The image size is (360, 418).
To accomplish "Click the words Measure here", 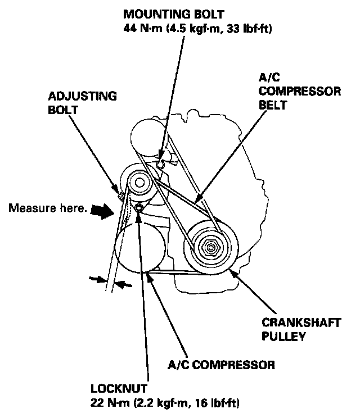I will (48, 209).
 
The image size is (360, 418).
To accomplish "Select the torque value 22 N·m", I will (106, 403).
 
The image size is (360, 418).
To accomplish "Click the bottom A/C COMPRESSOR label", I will (221, 366).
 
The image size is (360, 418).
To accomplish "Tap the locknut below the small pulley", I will (138, 210).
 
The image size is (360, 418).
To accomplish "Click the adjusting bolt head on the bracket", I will (120, 196).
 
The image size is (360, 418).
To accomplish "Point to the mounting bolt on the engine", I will (160, 165).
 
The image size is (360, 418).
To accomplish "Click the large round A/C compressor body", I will (137, 243).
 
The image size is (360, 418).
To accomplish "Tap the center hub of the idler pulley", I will (137, 181).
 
